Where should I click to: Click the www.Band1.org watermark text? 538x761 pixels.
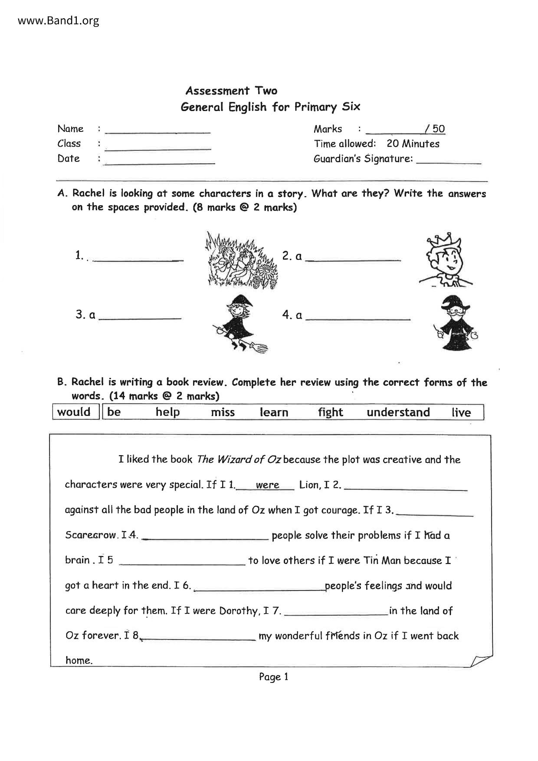pyautogui.click(x=59, y=20)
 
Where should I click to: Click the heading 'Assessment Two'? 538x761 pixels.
pyautogui.click(x=231, y=91)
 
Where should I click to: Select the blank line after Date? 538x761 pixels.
pyautogui.click(x=160, y=162)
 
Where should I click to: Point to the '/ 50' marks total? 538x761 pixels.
pyautogui.click(x=435, y=129)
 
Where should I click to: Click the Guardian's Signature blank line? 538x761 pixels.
pyautogui.click(x=449, y=162)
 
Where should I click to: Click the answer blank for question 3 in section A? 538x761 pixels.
pyautogui.click(x=140, y=318)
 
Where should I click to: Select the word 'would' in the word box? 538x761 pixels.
pyautogui.click(x=74, y=412)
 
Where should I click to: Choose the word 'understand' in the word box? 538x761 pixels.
pyautogui.click(x=398, y=412)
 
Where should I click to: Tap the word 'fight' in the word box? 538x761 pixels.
pyautogui.click(x=330, y=412)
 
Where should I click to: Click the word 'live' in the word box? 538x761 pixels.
pyautogui.click(x=461, y=412)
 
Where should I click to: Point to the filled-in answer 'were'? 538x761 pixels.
pyautogui.click(x=267, y=485)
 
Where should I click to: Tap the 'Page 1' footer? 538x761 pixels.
pyautogui.click(x=273, y=676)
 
